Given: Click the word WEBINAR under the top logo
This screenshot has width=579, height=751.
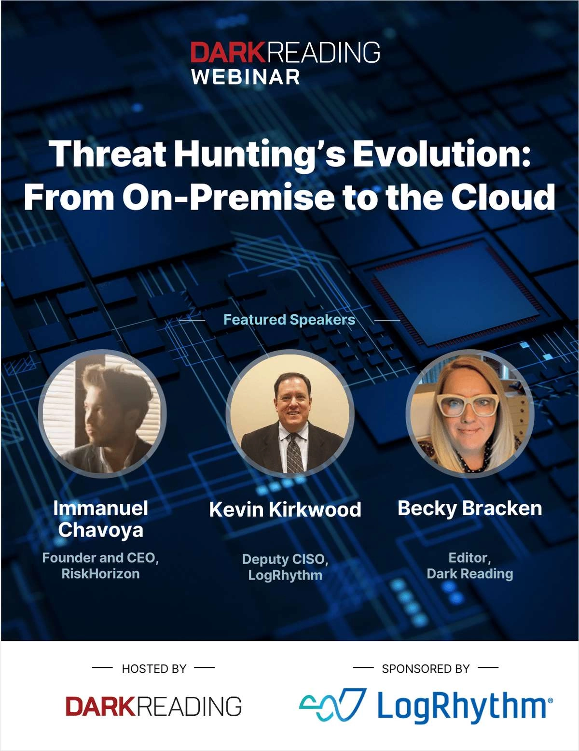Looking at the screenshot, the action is tap(246, 76).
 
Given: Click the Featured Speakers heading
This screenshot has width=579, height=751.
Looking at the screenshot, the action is tap(289, 319).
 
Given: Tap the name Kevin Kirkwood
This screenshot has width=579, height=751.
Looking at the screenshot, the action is tap(285, 510).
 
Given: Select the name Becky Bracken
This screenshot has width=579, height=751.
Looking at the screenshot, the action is tap(470, 509).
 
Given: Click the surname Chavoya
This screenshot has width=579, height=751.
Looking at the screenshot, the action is tap(100, 530).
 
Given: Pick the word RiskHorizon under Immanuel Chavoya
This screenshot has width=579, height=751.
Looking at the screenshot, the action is tap(100, 574).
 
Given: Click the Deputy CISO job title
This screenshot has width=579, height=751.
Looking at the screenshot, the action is tap(285, 559).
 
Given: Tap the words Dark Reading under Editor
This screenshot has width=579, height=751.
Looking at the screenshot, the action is tap(470, 574).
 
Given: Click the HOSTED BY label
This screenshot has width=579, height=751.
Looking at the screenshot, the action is tap(154, 668).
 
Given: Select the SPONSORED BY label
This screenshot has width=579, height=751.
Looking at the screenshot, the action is tap(426, 668).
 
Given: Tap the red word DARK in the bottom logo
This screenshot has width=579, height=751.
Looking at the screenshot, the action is tap(100, 706).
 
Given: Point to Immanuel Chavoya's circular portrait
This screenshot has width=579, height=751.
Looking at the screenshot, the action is tap(102, 414).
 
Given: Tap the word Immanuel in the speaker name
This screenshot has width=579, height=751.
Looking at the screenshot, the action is tap(100, 509).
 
